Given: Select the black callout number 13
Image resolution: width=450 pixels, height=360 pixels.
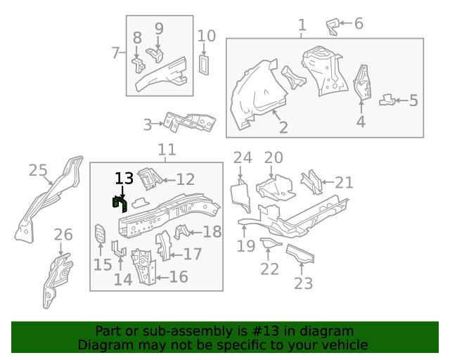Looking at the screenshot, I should [x=124, y=179].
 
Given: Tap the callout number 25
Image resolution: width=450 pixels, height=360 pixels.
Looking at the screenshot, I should [x=38, y=169].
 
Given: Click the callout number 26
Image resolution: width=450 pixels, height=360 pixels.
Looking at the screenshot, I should [x=63, y=235].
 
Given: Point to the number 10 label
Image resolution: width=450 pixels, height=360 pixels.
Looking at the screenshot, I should [x=207, y=36].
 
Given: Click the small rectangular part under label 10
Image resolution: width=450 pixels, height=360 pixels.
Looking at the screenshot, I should [x=205, y=63].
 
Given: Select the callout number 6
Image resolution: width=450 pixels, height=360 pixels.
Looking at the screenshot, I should [x=359, y=24].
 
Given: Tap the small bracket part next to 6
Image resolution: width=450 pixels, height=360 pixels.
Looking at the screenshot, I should [x=333, y=27].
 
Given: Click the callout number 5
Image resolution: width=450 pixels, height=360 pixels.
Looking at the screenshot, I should [x=413, y=101].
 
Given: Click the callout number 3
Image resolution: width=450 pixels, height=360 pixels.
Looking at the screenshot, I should [x=148, y=125].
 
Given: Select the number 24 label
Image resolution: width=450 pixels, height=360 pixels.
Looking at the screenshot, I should [x=242, y=157].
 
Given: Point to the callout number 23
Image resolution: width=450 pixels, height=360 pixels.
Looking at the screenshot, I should [x=303, y=283].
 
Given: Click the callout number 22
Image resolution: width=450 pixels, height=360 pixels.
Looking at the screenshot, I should [x=269, y=269].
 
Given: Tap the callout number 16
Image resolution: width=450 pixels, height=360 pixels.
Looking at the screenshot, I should [x=179, y=277].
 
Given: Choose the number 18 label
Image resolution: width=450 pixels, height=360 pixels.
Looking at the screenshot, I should [x=212, y=232].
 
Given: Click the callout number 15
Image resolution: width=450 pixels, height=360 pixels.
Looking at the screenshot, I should [x=103, y=264].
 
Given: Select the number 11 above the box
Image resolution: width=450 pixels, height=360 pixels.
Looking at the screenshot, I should [x=167, y=150].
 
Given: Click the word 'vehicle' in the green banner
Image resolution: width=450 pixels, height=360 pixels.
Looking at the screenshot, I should [x=345, y=345].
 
